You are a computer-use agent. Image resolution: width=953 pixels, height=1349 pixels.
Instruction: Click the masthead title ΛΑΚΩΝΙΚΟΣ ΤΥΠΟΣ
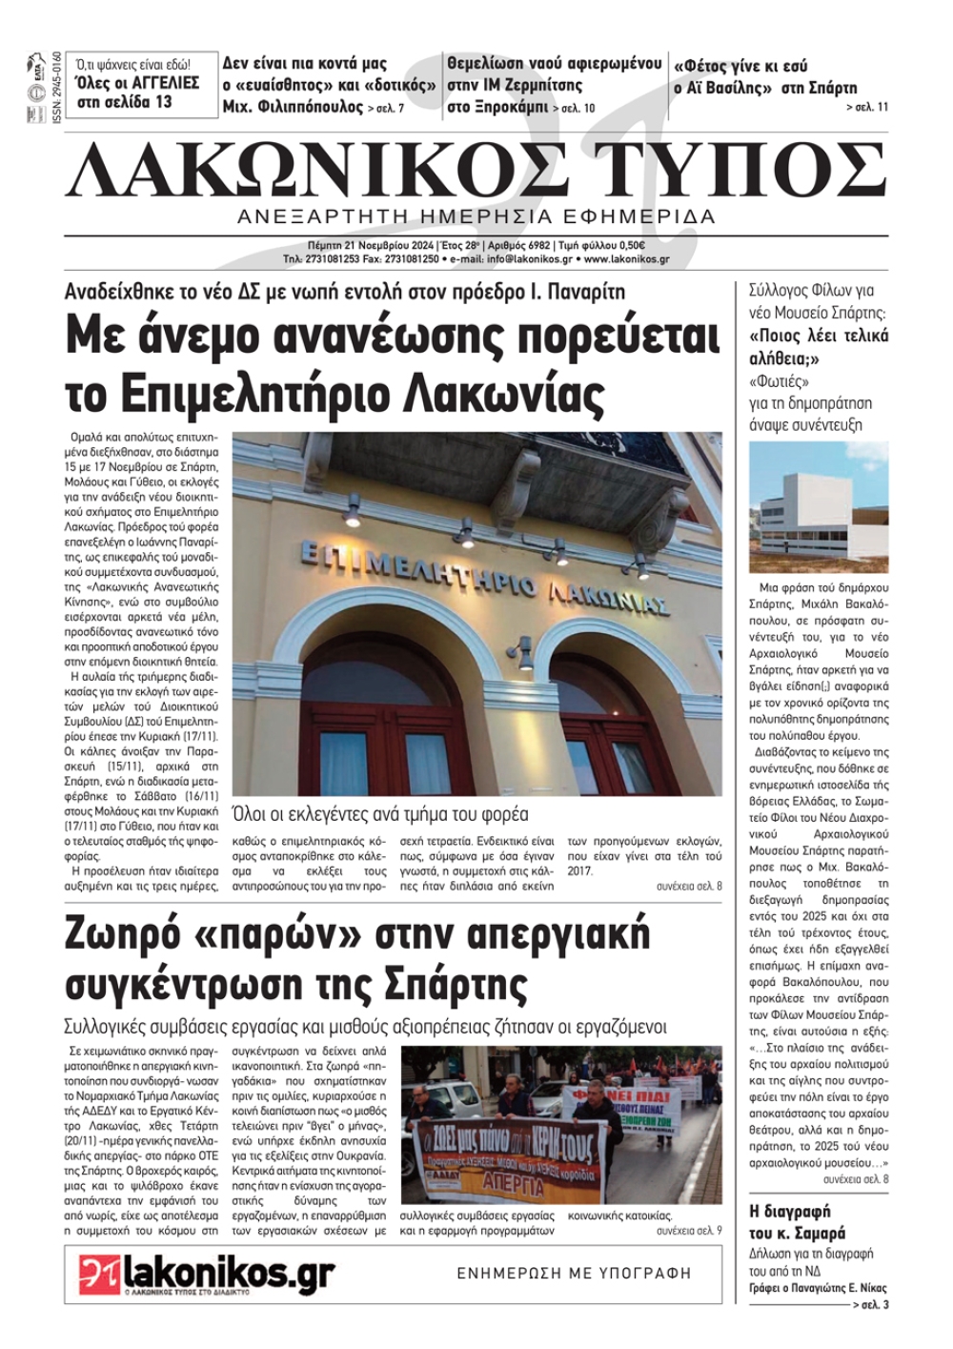click(476, 170)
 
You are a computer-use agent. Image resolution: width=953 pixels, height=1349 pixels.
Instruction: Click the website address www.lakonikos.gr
click(626, 258)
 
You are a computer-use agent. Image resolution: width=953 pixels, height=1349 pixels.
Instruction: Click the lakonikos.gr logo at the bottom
click(207, 1275)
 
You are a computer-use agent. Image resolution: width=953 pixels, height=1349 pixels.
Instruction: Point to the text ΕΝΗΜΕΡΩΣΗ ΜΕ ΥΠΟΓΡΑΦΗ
click(574, 1273)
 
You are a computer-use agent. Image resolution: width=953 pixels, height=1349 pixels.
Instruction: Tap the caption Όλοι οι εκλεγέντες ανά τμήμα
click(379, 814)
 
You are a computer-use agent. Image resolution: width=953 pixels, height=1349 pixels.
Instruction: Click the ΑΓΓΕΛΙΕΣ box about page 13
click(138, 84)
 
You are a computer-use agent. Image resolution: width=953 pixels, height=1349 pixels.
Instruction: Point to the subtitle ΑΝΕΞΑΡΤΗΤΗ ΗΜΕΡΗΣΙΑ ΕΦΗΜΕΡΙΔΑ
click(476, 216)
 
